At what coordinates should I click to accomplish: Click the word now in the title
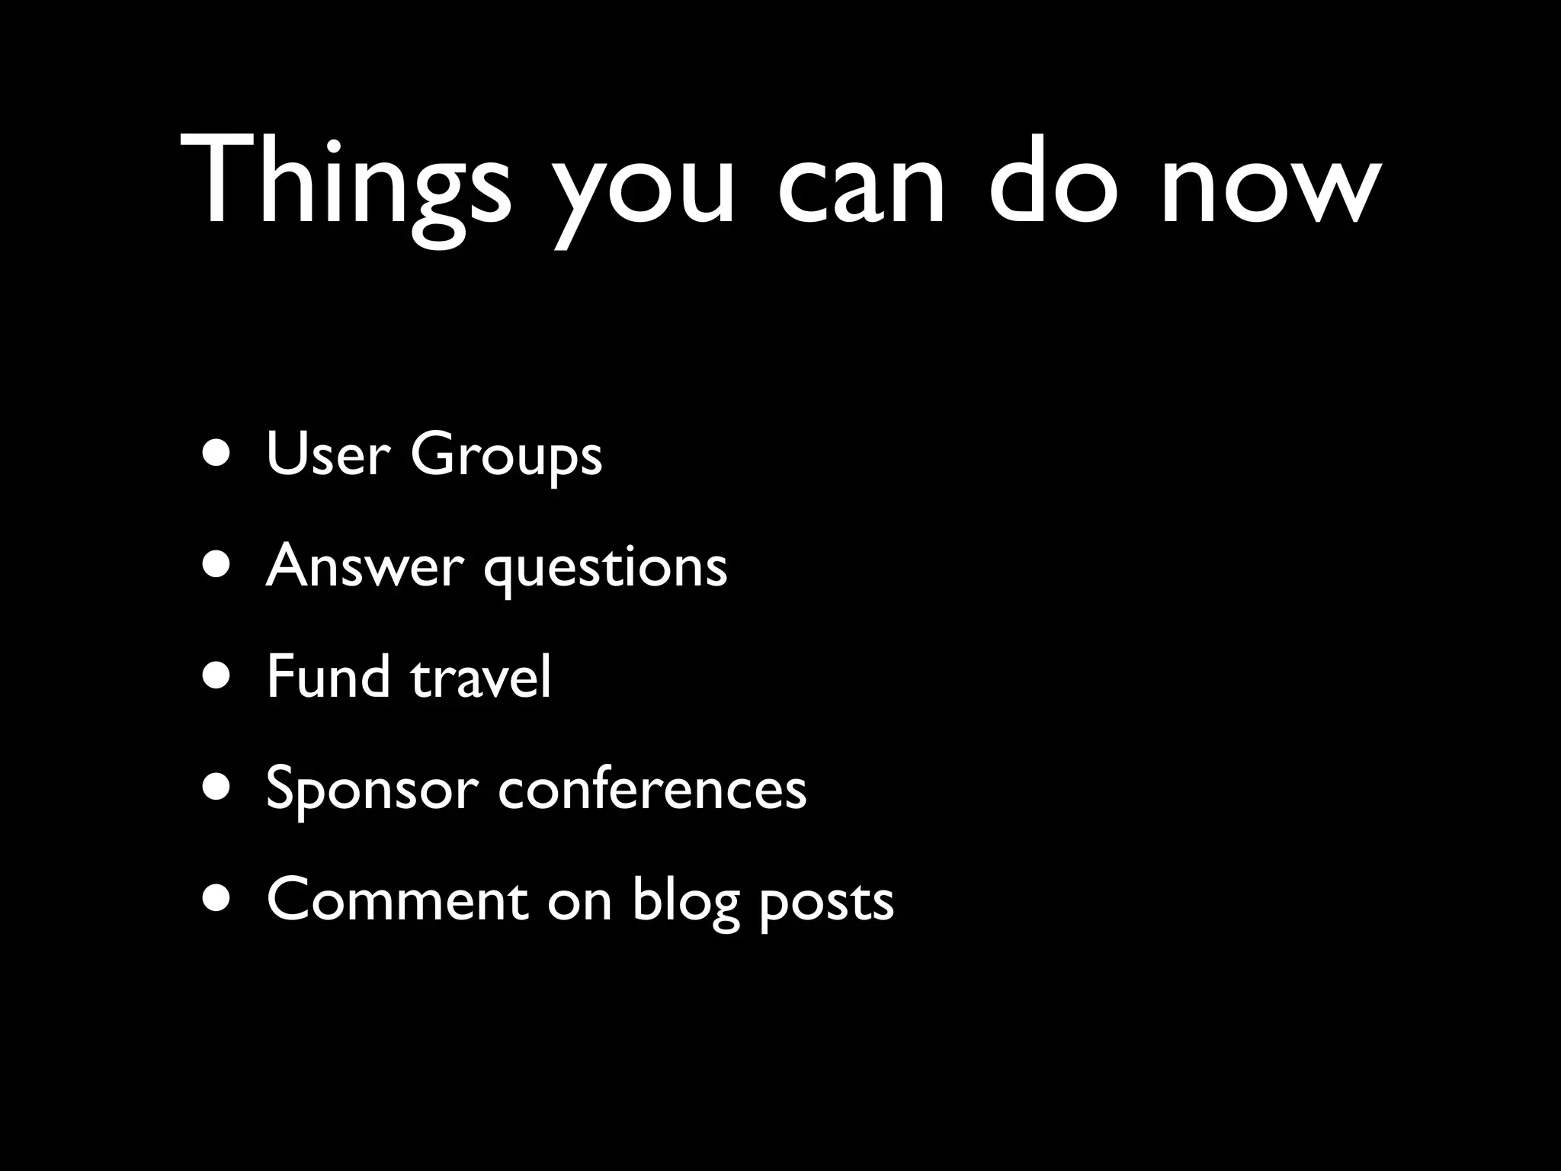click(x=1270, y=186)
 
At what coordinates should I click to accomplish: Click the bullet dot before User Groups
click(x=219, y=454)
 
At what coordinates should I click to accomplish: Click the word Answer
click(x=364, y=566)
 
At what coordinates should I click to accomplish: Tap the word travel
click(x=480, y=678)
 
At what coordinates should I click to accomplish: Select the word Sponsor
click(x=372, y=790)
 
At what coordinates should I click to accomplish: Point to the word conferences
click(x=652, y=788)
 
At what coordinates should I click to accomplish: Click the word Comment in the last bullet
click(x=397, y=900)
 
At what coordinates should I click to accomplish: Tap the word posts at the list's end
click(x=826, y=903)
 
